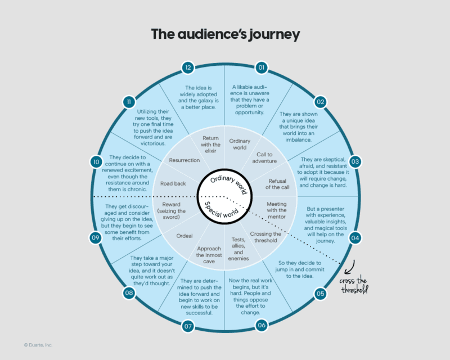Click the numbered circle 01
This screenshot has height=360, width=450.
[x=261, y=67]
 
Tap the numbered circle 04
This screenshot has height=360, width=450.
[x=355, y=238]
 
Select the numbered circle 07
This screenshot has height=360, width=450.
[x=187, y=325]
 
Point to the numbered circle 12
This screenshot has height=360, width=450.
[x=188, y=67]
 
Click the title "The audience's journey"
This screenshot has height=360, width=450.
[x=225, y=34]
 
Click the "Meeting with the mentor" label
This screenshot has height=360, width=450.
[x=277, y=209]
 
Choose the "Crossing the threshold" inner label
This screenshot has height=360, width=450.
[x=267, y=237]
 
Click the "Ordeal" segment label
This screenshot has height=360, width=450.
[x=185, y=236]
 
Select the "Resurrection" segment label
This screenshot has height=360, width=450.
[x=184, y=160]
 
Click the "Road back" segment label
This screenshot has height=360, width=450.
[x=173, y=183]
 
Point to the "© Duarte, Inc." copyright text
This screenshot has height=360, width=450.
[x=38, y=345]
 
